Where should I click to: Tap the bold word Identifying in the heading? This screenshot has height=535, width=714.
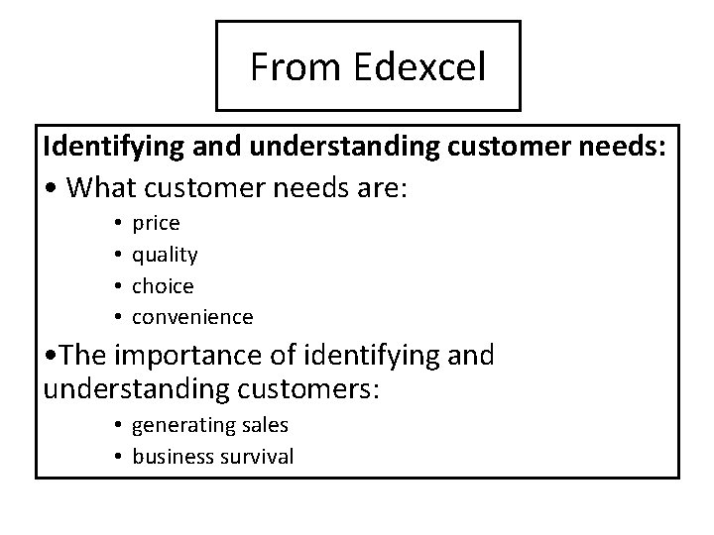[x=105, y=147]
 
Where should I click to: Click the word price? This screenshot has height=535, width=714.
[x=156, y=224]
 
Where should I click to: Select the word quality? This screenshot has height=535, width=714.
[x=165, y=256]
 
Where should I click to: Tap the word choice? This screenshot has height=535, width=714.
[x=163, y=286]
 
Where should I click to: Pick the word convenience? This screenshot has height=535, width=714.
[x=192, y=317]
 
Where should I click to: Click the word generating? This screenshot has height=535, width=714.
[x=179, y=425]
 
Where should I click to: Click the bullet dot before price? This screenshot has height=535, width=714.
[x=117, y=225]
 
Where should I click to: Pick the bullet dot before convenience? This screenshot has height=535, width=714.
[x=117, y=318]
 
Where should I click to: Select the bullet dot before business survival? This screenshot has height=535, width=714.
[x=117, y=457]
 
